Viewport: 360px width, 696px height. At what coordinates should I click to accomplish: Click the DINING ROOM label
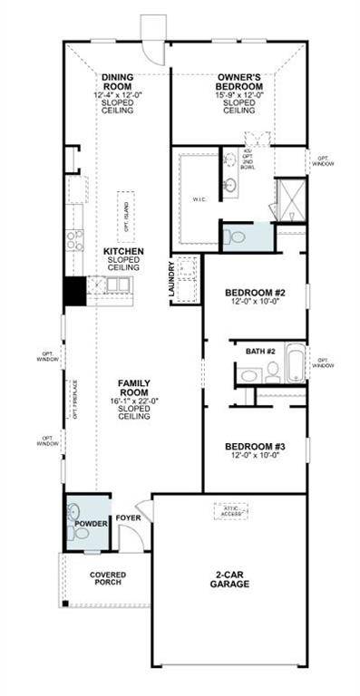pyautogui.click(x=118, y=82)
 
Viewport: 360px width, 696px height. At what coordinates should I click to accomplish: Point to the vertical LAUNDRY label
pyautogui.click(x=171, y=280)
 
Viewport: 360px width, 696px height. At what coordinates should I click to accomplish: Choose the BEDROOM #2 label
pyautogui.click(x=255, y=292)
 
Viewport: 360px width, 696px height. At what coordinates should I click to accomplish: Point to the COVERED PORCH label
pyautogui.click(x=108, y=579)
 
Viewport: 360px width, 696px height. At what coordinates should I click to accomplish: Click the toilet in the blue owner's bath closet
pyautogui.click(x=238, y=237)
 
